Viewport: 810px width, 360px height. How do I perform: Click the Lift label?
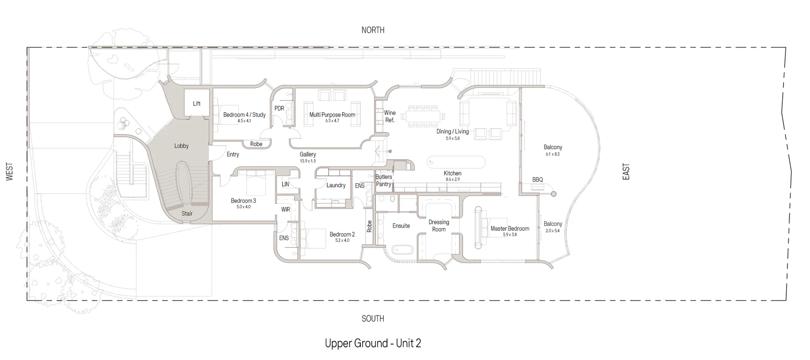pyautogui.click(x=197, y=103)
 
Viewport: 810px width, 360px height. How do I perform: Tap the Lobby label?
pyautogui.click(x=181, y=146)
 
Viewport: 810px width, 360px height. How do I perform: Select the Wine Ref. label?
pyautogui.click(x=390, y=116)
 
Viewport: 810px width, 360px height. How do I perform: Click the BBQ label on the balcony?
pyautogui.click(x=537, y=180)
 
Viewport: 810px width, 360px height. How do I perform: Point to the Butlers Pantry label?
pyautogui.click(x=383, y=181)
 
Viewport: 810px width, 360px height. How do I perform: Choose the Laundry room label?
pyautogui.click(x=336, y=185)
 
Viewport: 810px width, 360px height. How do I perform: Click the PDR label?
pyautogui.click(x=279, y=108)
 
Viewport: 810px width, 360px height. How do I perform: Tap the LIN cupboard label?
pyautogui.click(x=286, y=184)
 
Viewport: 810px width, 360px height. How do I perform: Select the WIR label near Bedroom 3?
pyautogui.click(x=286, y=209)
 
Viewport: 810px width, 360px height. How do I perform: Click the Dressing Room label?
pyautogui.click(x=439, y=226)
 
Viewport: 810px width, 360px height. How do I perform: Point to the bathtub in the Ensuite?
pyautogui.click(x=402, y=250)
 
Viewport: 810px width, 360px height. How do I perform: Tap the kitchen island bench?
pyautogui.click(x=456, y=162)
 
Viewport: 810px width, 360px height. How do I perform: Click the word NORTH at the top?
pyautogui.click(x=373, y=30)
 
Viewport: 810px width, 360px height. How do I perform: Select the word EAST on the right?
pyautogui.click(x=626, y=172)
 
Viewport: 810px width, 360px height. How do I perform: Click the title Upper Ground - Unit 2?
pyautogui.click(x=373, y=343)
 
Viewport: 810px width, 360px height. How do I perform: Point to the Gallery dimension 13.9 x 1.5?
pyautogui.click(x=308, y=161)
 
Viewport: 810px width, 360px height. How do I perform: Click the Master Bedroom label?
pyautogui.click(x=510, y=229)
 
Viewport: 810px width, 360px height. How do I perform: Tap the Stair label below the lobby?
pyautogui.click(x=187, y=214)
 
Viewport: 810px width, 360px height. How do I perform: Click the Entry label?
pyautogui.click(x=232, y=154)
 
